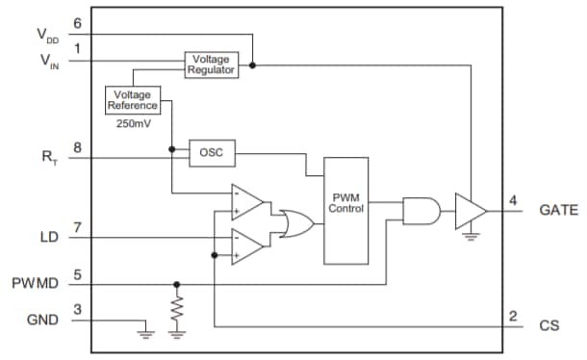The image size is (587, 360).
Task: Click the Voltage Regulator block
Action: [x=211, y=65]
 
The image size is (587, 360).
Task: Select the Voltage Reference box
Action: [x=133, y=99]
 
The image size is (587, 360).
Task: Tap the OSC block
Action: [x=211, y=152]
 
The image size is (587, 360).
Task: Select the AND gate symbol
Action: [x=421, y=210]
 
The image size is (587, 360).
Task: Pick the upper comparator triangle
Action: [x=247, y=202]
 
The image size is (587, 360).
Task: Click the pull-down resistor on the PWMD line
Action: [x=176, y=310]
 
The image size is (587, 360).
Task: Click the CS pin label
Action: [x=549, y=326]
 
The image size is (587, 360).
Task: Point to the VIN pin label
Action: [x=45, y=60]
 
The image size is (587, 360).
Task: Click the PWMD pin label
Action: [x=37, y=284]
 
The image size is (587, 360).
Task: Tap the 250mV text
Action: [x=133, y=123]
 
